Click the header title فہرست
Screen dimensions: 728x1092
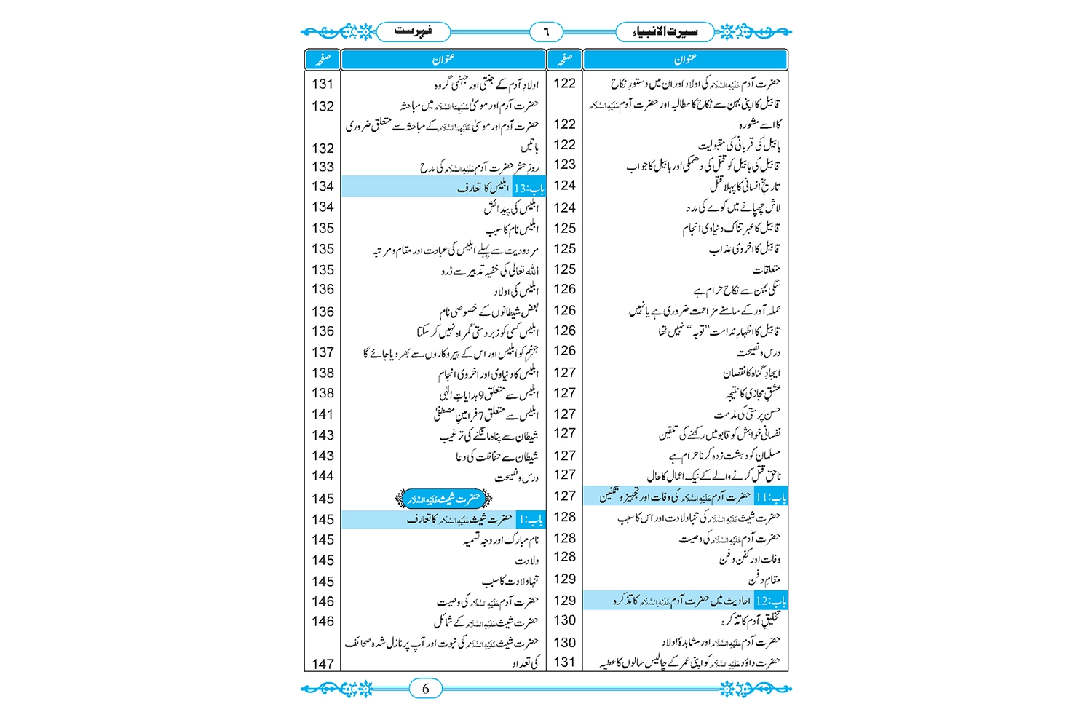[x=413, y=31]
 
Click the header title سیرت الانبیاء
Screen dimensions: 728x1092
[x=664, y=31]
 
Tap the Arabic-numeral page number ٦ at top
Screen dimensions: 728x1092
[x=546, y=32]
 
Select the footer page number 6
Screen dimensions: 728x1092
[x=426, y=689]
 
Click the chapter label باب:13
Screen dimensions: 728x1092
[x=529, y=188]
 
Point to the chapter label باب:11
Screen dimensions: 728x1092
[x=771, y=497]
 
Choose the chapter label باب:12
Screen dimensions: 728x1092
[x=771, y=601]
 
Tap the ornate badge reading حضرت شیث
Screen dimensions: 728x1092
[x=444, y=499]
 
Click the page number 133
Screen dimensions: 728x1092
[x=323, y=167]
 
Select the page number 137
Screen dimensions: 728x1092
[x=323, y=352]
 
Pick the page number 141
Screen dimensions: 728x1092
[x=323, y=414]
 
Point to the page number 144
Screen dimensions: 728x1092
[x=323, y=476]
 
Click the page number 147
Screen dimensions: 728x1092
[x=323, y=664]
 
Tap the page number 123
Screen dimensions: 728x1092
[x=565, y=165]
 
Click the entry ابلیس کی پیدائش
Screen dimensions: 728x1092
[x=511, y=208]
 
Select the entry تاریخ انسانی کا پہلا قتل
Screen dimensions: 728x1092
[x=745, y=186]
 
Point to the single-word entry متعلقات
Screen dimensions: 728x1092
[x=767, y=270]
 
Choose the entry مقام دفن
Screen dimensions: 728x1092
[x=764, y=580]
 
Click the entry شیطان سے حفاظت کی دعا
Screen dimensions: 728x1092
[x=497, y=456]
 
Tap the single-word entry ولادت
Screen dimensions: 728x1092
[x=527, y=561]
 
